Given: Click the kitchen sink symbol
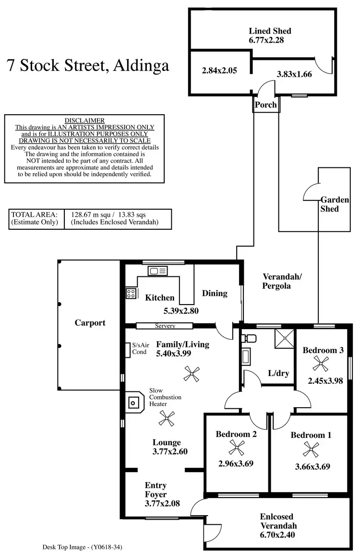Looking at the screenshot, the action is pyautogui.click(x=158, y=271).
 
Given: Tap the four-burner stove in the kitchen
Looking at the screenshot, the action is pyautogui.click(x=131, y=293).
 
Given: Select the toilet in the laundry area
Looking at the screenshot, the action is pyautogui.click(x=250, y=338).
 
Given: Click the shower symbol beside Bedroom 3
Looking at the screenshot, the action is pyautogui.click(x=285, y=339).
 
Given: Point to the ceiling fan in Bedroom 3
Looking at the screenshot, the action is pyautogui.click(x=321, y=364).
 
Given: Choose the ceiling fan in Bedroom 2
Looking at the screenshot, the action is pyautogui.click(x=237, y=448).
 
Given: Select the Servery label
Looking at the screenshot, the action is pyautogui.click(x=165, y=326).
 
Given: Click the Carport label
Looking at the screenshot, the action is pyautogui.click(x=90, y=323).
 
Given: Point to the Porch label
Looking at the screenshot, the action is pyautogui.click(x=265, y=105).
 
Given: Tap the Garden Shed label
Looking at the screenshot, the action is pyautogui.click(x=335, y=204).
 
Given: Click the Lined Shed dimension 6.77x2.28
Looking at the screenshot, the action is pyautogui.click(x=266, y=40).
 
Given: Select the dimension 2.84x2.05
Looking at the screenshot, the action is pyautogui.click(x=219, y=71).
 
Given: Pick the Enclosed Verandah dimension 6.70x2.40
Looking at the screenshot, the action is pyautogui.click(x=277, y=535).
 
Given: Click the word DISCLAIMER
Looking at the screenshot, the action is pyautogui.click(x=84, y=120).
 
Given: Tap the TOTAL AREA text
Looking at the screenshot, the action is pyautogui.click(x=34, y=214).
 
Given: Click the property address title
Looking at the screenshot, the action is pyautogui.click(x=88, y=66).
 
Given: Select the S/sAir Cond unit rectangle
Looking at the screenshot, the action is pyautogui.click(x=128, y=350).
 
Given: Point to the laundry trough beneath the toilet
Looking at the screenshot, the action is pyautogui.click(x=246, y=356).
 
